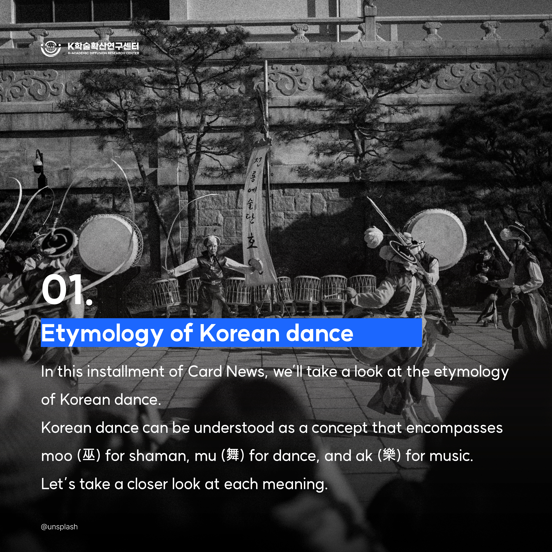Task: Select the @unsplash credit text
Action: (x=59, y=527)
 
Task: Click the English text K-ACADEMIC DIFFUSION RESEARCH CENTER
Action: (x=103, y=53)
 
